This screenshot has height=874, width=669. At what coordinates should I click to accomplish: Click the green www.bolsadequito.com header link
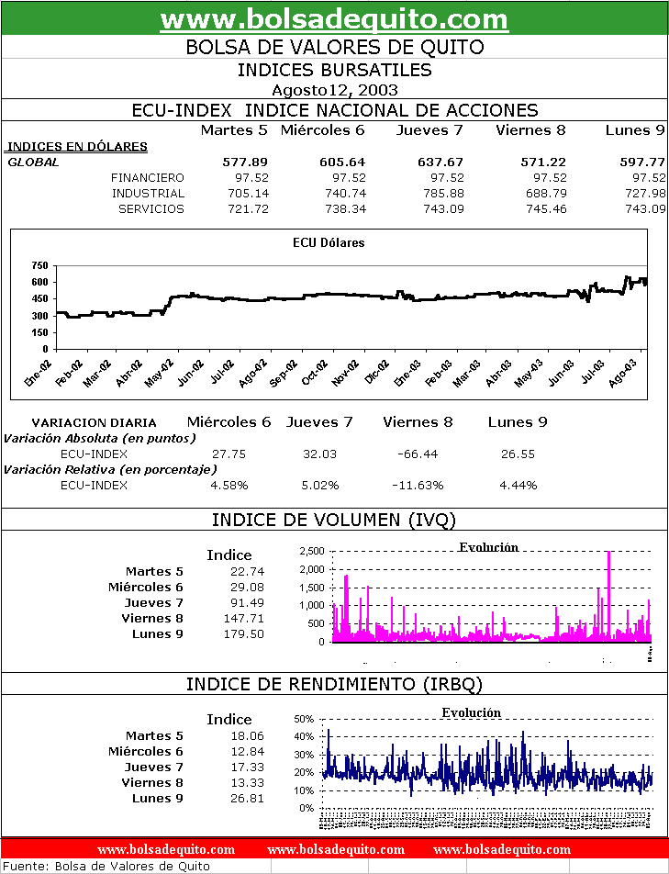coord(334,19)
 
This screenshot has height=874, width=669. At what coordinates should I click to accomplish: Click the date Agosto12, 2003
coord(334,90)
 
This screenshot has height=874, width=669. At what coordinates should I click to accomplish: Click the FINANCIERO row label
coord(147,177)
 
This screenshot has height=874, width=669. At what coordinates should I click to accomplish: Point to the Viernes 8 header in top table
coord(530,130)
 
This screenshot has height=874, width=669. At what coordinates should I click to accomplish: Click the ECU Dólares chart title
coord(329,243)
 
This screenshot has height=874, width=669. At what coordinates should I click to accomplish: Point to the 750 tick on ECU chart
coord(39,265)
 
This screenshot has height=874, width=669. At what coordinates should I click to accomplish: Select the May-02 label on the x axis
coord(161,375)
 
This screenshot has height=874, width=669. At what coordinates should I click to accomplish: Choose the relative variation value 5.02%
coord(320,485)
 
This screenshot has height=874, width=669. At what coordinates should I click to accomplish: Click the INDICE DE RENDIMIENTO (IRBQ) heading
coord(334,684)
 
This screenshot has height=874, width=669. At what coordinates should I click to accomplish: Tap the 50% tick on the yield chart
coord(305,719)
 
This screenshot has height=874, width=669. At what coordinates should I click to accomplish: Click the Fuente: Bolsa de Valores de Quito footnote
coord(107,866)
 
